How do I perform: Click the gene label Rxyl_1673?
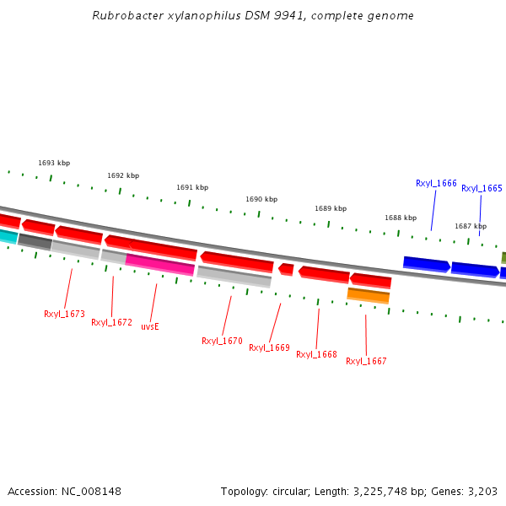coord(64,314)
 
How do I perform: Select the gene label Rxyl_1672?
coord(111,322)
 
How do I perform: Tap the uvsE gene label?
coord(150,326)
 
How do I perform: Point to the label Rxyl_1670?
coord(222,342)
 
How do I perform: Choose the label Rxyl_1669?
coord(269,347)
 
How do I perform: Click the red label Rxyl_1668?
coord(316,354)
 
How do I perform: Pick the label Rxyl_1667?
coord(366,361)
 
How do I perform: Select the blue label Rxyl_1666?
coord(436,183)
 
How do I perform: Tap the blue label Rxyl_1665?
coord(482,188)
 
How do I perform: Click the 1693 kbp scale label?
coord(54,163)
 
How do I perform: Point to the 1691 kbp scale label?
coord(192,187)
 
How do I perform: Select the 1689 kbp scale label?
coord(331,208)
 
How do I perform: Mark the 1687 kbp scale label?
coord(471,226)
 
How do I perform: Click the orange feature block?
coord(369,295)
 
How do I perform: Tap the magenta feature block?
coord(160,265)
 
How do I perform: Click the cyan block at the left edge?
coord(8,236)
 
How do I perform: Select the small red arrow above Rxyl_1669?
coord(287,269)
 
